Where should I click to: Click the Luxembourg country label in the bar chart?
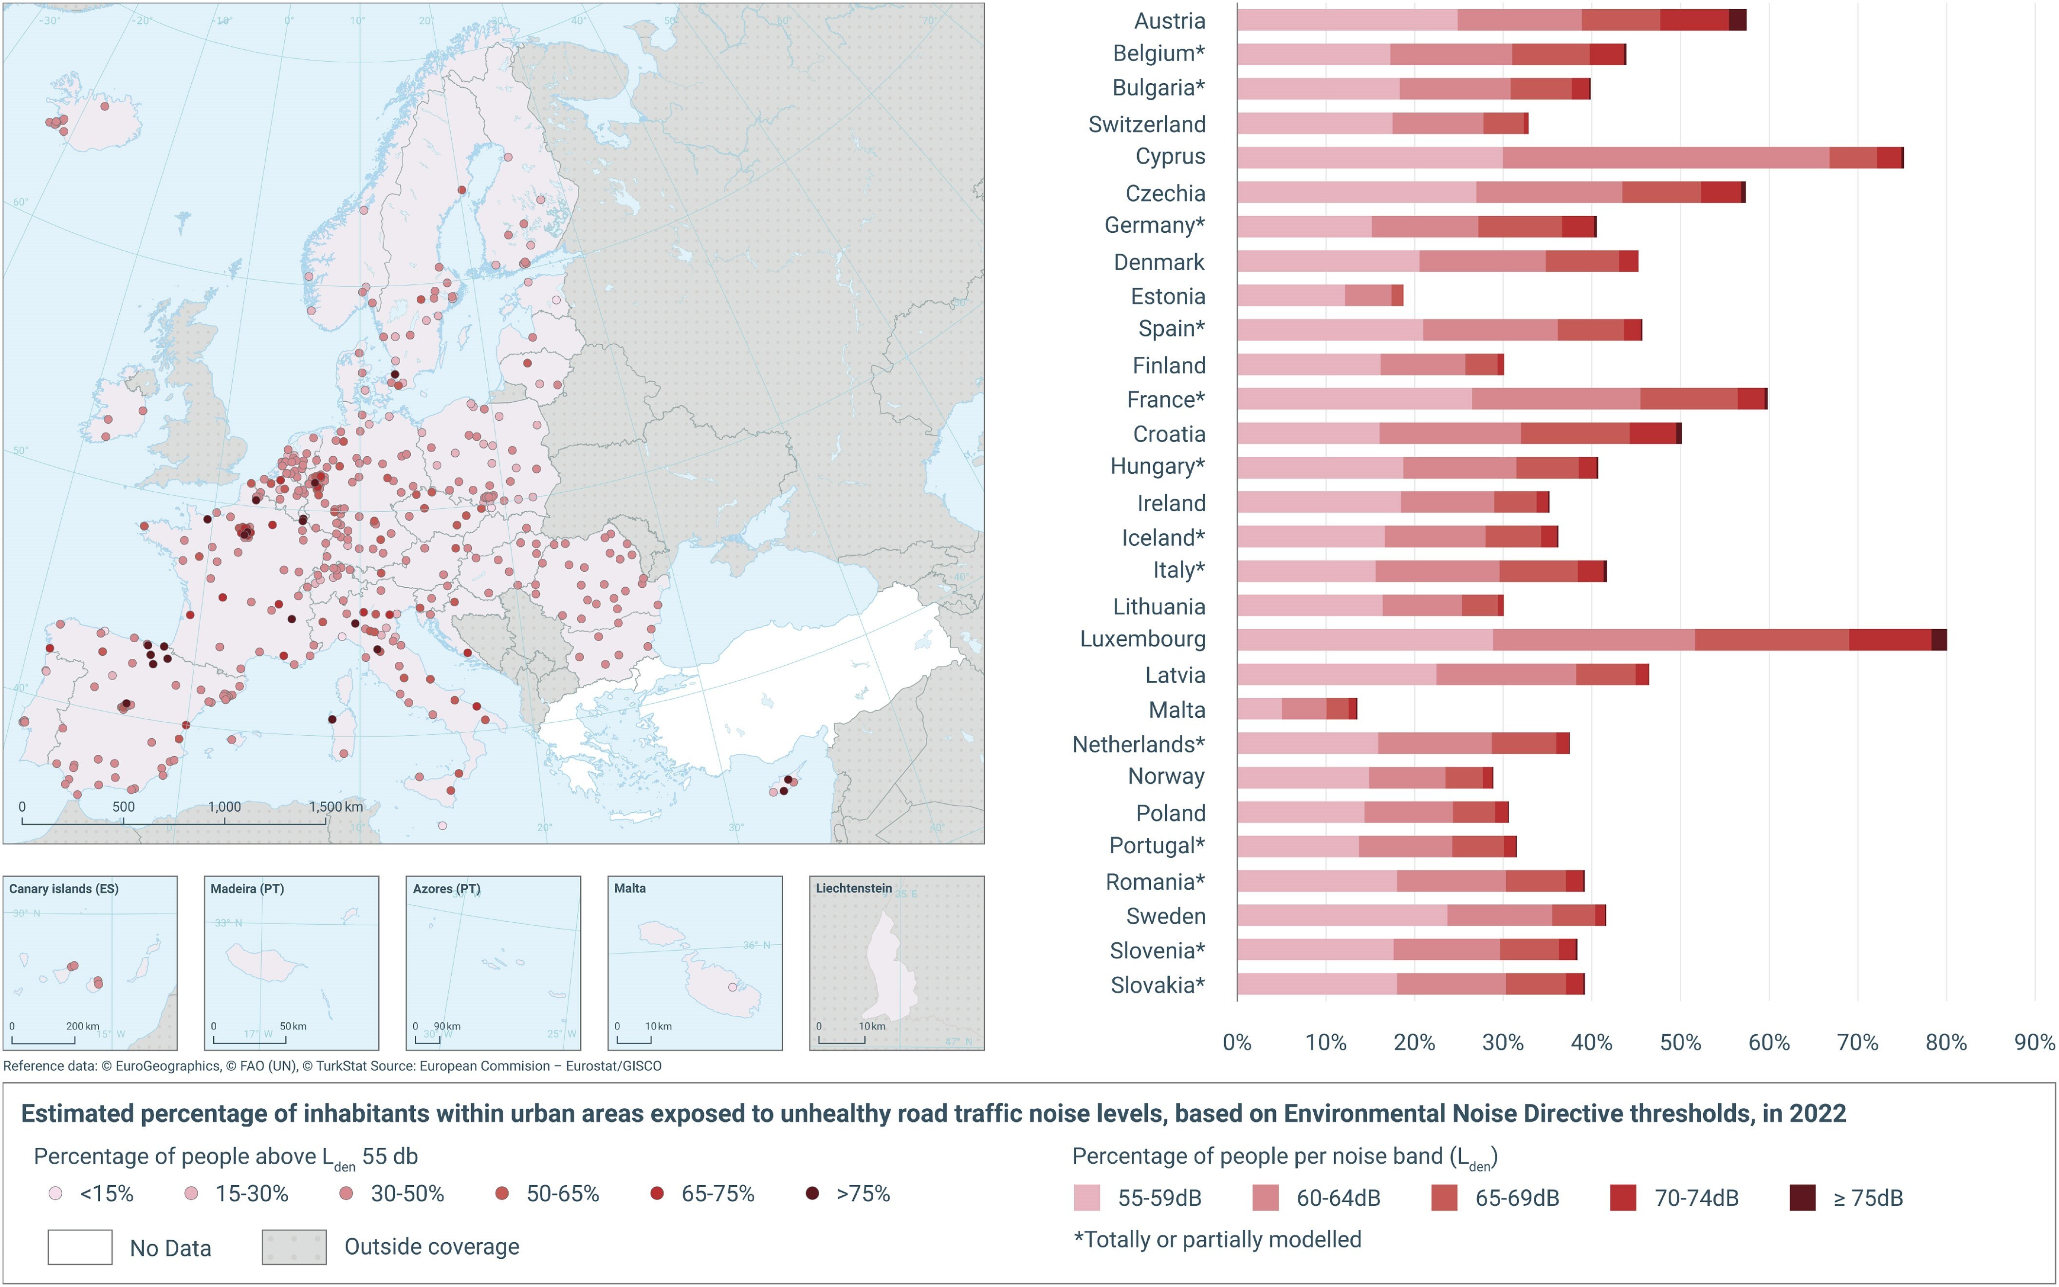coord(1142,639)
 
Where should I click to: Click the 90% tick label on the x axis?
coord(2034,1043)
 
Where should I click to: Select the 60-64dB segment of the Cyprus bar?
coord(1665,157)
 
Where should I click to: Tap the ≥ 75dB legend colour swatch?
coord(1802,1197)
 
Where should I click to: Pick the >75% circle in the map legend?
coord(812,1194)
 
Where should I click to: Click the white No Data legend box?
coord(80,1247)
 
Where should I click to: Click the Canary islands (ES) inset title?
coord(64,889)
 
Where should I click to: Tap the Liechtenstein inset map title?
coord(853,888)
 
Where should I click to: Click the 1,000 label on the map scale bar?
coord(224,807)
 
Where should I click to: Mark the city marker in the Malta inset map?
coord(733,988)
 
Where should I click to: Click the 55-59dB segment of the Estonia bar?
coord(1290,296)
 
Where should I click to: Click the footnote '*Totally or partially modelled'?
coord(1217,1239)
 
